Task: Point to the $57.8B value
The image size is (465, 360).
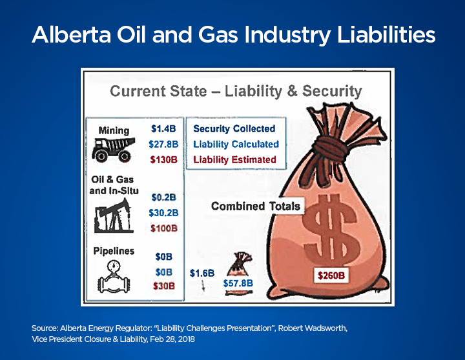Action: [x=237, y=283]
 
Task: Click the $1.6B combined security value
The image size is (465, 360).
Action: [x=201, y=273]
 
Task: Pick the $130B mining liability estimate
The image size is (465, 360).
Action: [x=163, y=160]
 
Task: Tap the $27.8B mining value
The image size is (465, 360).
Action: [x=163, y=145]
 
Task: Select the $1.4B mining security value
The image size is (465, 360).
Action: [x=163, y=128]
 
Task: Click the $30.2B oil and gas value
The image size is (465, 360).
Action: [x=164, y=212]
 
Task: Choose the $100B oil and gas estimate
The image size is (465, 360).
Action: [x=164, y=228]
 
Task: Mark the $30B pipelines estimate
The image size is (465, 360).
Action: [x=163, y=286]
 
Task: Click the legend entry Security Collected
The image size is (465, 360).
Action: [x=234, y=128]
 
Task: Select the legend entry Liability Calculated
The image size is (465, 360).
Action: [x=236, y=144]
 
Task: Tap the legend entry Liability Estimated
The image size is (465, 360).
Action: [x=235, y=159]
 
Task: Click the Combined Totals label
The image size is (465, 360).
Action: [x=256, y=206]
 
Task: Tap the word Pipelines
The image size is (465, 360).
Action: [x=114, y=250]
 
